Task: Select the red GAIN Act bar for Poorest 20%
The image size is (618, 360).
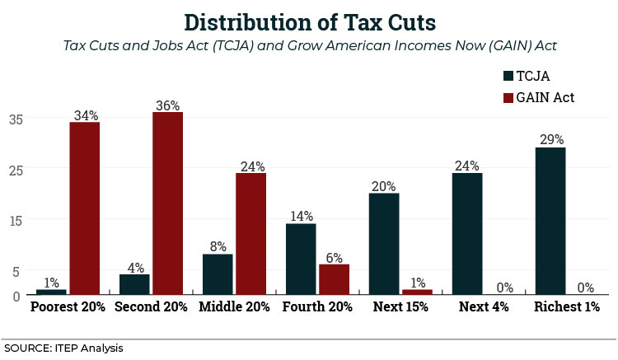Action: click(84, 208)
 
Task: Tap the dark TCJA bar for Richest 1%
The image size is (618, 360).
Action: click(550, 220)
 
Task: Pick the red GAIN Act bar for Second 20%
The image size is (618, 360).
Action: click(167, 203)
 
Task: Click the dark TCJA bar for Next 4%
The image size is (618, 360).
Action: click(467, 233)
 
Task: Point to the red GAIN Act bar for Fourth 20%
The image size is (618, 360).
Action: click(334, 278)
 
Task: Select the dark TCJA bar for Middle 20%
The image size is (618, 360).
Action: click(218, 274)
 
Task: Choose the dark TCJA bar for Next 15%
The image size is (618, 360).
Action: click(384, 243)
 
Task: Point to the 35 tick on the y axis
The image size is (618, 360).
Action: click(16, 119)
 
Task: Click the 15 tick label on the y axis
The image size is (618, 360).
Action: click(16, 220)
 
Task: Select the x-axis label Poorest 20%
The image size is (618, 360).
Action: click(68, 306)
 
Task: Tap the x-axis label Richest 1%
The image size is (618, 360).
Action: click(567, 306)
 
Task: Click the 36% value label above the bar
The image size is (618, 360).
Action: click(167, 105)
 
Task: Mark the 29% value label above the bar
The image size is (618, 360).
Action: click(550, 140)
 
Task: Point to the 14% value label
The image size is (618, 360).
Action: click(301, 217)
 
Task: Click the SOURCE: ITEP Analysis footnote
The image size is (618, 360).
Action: click(63, 348)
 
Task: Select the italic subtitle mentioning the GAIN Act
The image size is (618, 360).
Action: click(309, 45)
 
